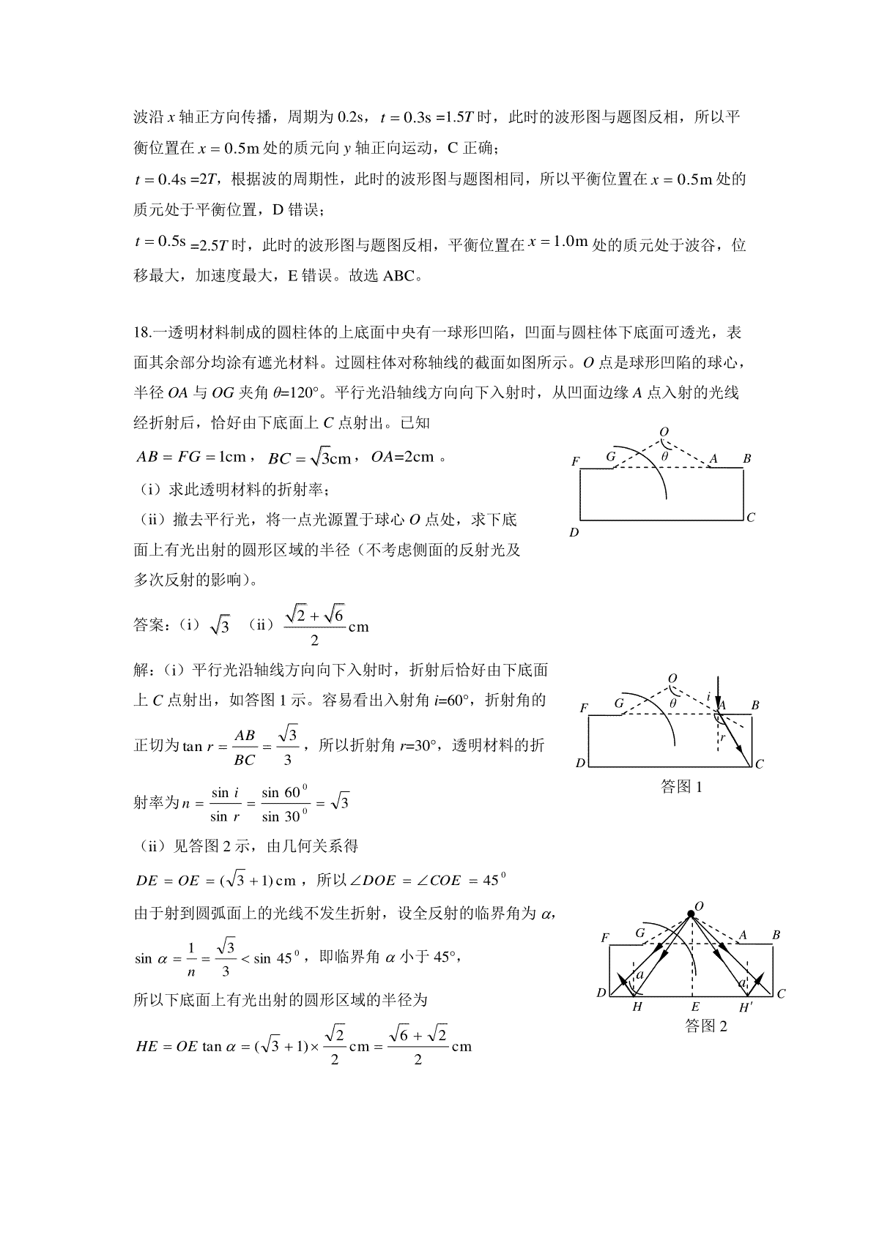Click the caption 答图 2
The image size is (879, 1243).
706,1026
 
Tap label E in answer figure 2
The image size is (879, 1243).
695,1007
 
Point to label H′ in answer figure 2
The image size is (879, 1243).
746,1007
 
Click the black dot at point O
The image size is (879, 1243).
690,914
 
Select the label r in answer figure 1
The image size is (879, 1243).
722,737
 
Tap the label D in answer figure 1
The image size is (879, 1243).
580,763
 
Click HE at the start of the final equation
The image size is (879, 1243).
147,1046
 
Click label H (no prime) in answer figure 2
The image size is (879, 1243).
637,1007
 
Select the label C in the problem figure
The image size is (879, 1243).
751,518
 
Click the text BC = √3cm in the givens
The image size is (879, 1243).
311,458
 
